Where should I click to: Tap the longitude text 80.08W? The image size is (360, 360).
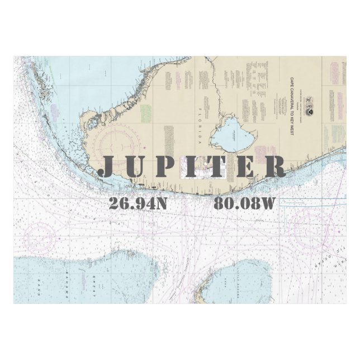(x=245, y=203)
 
